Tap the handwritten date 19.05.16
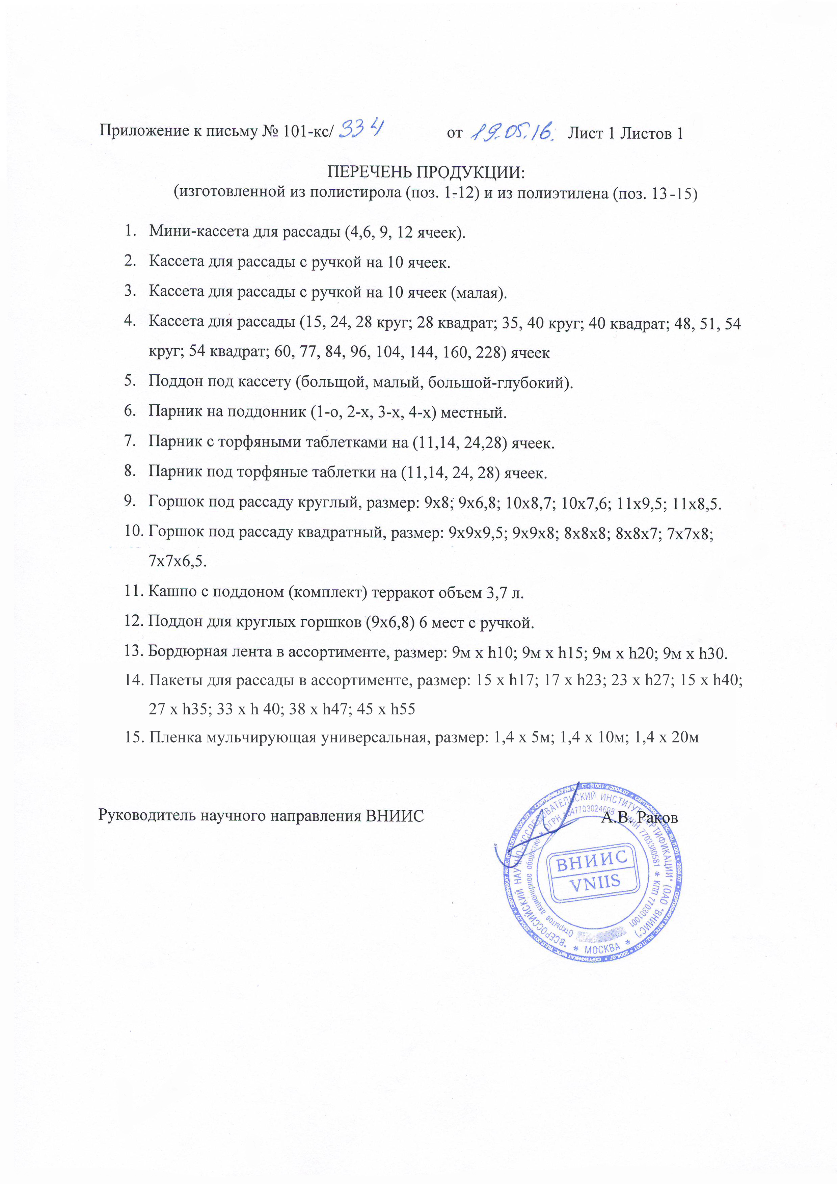coord(513,132)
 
